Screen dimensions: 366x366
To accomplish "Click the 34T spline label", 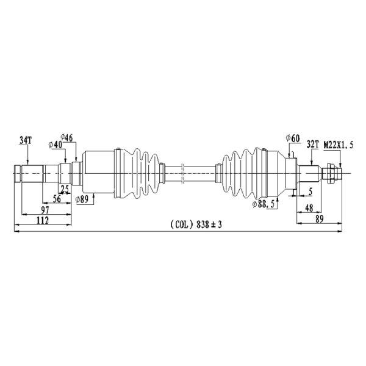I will (25, 140).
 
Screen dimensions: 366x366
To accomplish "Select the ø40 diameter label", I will (56, 145).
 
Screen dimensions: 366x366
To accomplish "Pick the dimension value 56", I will (57, 199).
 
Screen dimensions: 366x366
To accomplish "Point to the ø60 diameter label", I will (293, 138).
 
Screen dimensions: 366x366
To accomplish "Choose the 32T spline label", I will (313, 145).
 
